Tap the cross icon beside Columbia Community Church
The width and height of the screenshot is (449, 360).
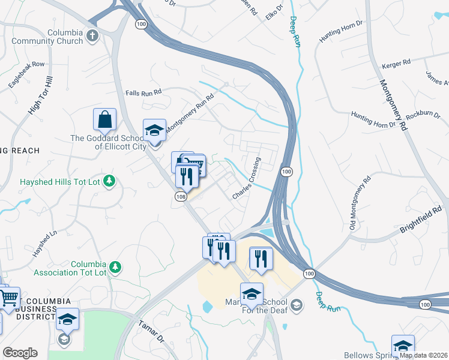(x=92, y=35)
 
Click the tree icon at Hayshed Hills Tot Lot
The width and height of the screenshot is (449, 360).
(x=109, y=181)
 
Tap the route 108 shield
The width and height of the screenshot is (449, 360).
(x=181, y=196)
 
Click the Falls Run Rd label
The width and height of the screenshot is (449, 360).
(x=143, y=92)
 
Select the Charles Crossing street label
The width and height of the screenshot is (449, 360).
(x=247, y=179)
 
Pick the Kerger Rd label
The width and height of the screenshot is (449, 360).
(x=396, y=62)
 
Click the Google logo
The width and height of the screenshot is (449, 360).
(x=20, y=353)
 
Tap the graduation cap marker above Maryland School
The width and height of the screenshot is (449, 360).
(x=252, y=294)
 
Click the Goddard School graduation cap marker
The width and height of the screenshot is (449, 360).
(x=154, y=130)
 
